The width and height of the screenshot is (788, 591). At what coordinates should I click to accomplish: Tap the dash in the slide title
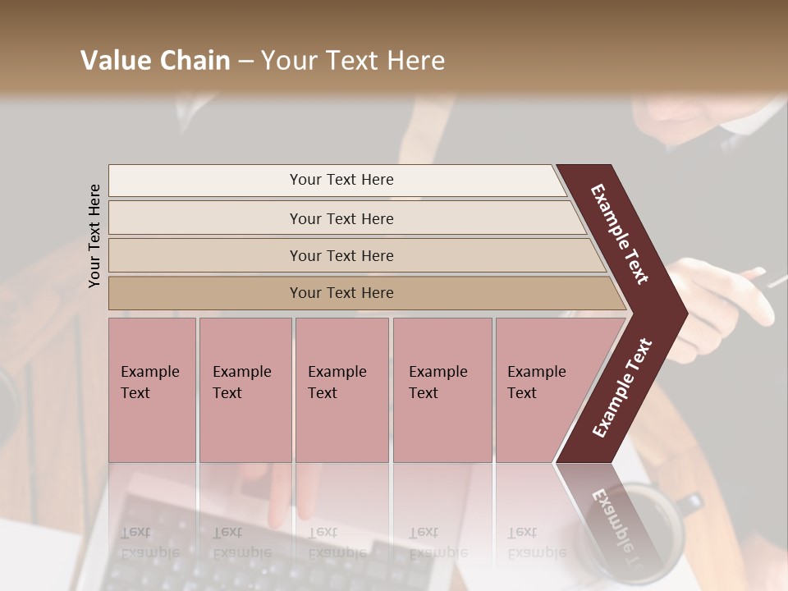click(245, 62)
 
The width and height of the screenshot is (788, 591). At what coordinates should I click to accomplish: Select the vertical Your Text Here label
click(94, 236)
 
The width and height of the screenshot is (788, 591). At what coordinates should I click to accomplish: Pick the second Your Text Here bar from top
click(341, 218)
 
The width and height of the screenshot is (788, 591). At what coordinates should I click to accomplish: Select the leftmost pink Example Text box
click(152, 389)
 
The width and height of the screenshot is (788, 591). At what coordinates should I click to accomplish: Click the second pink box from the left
click(245, 389)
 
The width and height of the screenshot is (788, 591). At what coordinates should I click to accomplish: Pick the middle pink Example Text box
click(341, 389)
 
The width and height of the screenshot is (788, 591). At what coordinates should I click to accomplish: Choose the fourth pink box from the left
click(442, 389)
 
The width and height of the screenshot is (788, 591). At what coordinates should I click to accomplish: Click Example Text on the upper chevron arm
click(620, 235)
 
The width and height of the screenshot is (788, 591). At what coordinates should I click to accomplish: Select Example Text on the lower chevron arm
click(621, 388)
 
